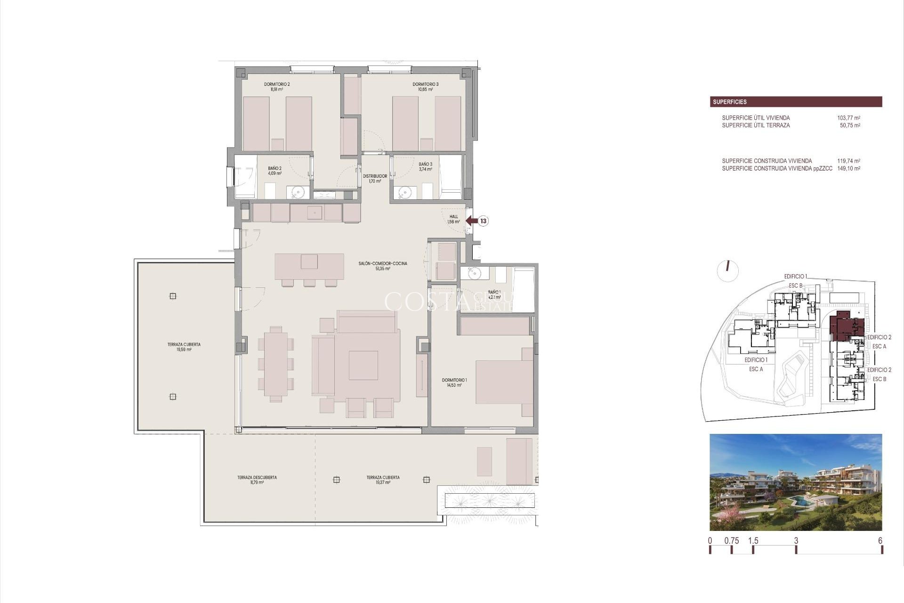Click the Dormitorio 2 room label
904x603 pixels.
(277, 87)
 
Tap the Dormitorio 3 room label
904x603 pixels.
(426, 87)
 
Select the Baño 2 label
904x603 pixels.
(275, 171)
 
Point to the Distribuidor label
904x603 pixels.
(375, 179)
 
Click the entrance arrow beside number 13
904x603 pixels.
(471, 220)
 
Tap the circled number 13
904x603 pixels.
(484, 220)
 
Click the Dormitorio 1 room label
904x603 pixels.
(454, 383)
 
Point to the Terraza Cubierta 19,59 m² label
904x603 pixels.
(184, 347)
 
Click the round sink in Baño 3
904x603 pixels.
(404, 192)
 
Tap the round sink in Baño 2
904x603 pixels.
(297, 192)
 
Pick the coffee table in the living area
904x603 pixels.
(363, 365)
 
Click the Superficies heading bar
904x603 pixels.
(796, 102)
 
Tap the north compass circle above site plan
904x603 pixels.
(727, 271)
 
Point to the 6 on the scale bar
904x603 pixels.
(880, 541)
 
